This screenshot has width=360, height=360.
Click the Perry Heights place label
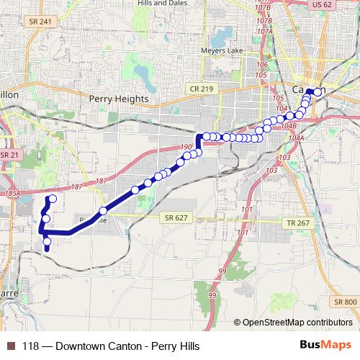119,99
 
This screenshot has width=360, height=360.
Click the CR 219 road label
204,88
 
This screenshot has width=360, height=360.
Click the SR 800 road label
345,302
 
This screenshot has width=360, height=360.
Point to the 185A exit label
12,194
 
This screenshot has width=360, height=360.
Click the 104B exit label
289,125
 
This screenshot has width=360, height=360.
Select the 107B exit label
264,23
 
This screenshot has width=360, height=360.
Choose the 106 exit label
261,65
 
